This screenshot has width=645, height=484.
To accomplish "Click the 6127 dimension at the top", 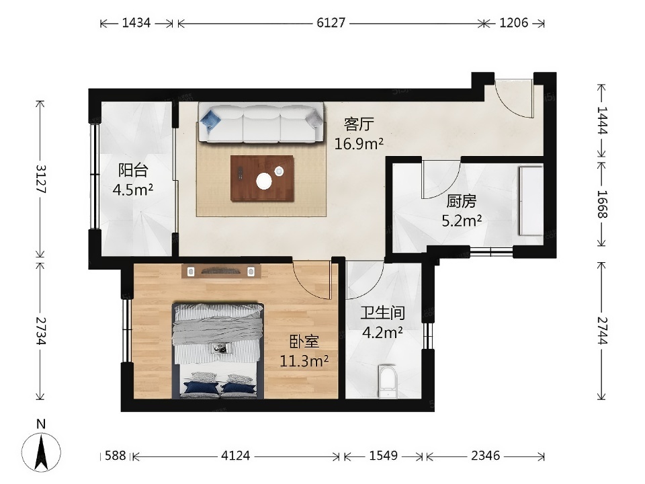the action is pos(331,23).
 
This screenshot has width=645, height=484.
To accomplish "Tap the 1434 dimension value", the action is pos(136,23).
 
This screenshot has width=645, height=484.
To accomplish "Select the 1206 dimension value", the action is pos(514,23).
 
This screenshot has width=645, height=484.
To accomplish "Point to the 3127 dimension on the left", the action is pos(41,179).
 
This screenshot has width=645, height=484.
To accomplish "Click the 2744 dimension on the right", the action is pos(602,331).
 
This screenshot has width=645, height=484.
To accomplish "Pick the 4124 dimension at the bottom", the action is pos(235,456).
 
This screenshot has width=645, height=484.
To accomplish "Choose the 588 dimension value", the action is pos(115,456).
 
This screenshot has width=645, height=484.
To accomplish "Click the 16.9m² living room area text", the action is pos(359,144).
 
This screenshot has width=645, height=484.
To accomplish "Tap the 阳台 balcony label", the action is pos(133,170).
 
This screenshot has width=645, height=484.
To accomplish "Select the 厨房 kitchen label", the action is pos(462,202).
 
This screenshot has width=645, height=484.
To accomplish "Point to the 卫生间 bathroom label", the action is pos(383,313).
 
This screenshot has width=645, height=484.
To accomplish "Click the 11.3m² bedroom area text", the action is pos(304,361).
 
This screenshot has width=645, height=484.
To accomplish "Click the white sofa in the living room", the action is pos(261,122).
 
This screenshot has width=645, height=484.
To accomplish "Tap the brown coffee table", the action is pos(263,178).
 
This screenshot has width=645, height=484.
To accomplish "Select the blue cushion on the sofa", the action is pos(210,120).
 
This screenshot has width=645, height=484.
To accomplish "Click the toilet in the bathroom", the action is pos(388,381).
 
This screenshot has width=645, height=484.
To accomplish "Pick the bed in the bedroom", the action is pos(218,351).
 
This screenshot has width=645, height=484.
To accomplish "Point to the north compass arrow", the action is pos(41,452).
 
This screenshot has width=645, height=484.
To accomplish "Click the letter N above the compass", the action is pos(41,424).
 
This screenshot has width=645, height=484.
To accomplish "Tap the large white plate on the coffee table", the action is pos(263,180).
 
